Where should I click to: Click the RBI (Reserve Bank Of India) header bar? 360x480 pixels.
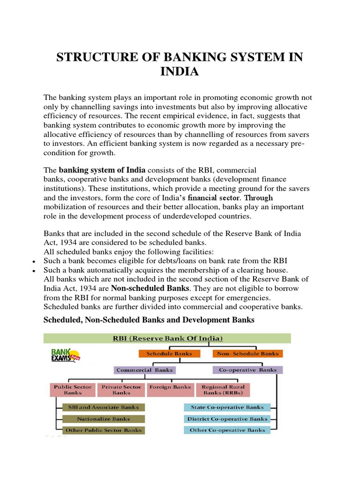(x=167, y=338)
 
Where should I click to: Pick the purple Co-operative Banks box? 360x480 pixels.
(x=247, y=370)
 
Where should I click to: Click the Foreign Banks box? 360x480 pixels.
(x=170, y=387)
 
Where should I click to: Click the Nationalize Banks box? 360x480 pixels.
(x=103, y=419)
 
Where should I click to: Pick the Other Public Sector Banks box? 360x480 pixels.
(x=103, y=430)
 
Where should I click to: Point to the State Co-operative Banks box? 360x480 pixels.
(x=227, y=407)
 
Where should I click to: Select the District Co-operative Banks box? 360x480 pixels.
(x=227, y=419)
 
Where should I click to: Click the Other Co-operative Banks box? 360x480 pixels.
(x=227, y=430)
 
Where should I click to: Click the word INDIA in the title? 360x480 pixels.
(x=180, y=72)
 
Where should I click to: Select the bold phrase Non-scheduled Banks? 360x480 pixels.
(x=150, y=288)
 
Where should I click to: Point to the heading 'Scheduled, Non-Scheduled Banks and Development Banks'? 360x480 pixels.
(x=149, y=320)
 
